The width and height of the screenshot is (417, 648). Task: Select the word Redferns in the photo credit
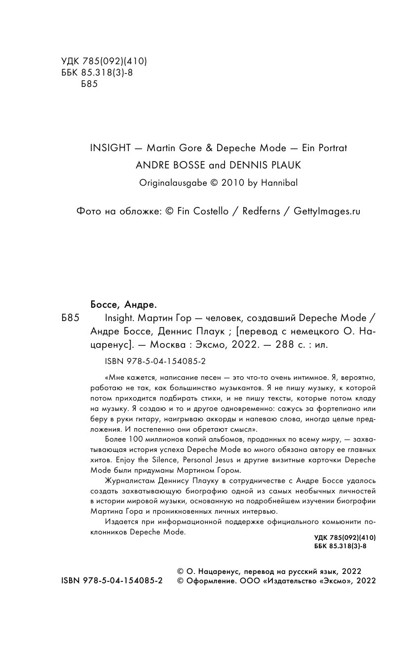point(261,211)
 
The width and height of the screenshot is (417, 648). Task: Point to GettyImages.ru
point(327,211)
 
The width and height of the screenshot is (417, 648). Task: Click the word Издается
point(120,523)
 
